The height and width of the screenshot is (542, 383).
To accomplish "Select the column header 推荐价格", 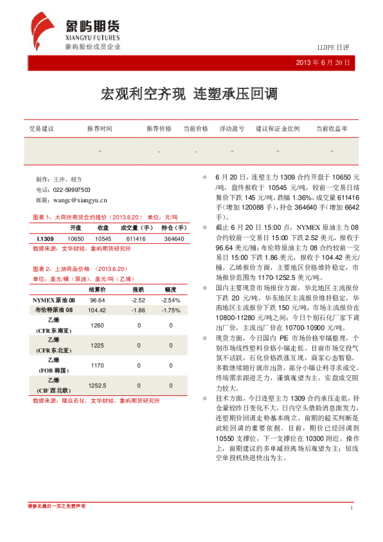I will pos(159,129).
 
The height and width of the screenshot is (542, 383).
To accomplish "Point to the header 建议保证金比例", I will pos(278,129).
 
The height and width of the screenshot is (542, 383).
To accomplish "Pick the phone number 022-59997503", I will pos(71,190).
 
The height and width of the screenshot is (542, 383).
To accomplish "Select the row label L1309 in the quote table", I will pos(45,239).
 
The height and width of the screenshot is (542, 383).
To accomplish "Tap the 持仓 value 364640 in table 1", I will pos(174,239).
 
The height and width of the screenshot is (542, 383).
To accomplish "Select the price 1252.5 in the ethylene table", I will pos(98,385).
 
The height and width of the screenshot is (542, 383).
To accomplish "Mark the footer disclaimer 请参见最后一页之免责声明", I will pos(57,506).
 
